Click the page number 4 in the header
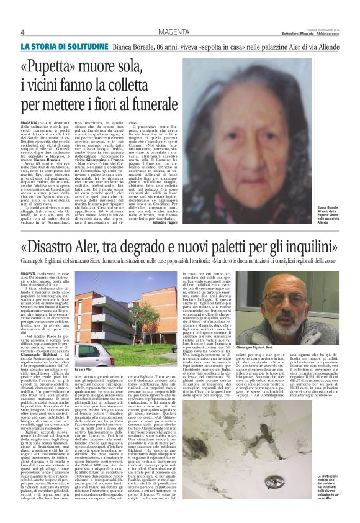click(x=23, y=32)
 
